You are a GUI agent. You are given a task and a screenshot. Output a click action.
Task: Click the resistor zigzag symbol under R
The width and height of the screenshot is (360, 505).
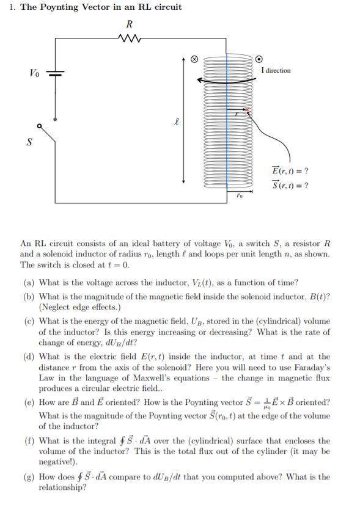[x=129, y=40]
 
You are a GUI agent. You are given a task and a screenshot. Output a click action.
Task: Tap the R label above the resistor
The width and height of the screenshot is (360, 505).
[x=129, y=25]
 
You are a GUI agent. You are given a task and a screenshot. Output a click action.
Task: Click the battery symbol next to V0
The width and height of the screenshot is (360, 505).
[x=56, y=73]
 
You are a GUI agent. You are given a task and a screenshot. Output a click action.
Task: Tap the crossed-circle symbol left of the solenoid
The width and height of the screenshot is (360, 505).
[x=195, y=60]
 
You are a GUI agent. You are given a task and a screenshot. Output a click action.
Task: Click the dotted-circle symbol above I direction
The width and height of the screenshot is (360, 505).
[x=259, y=59]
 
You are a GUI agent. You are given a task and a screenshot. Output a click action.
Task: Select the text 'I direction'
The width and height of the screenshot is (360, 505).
[x=276, y=71]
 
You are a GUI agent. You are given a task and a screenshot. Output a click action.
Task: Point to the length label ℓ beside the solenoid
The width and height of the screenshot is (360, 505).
[x=176, y=122]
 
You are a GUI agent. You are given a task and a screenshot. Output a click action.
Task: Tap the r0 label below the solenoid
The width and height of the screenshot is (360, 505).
[x=240, y=197]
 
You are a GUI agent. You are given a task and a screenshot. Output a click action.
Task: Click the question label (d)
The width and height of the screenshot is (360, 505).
[x=29, y=356]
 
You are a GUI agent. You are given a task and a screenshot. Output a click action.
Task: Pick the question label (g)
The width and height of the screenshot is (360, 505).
[x=29, y=477]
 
